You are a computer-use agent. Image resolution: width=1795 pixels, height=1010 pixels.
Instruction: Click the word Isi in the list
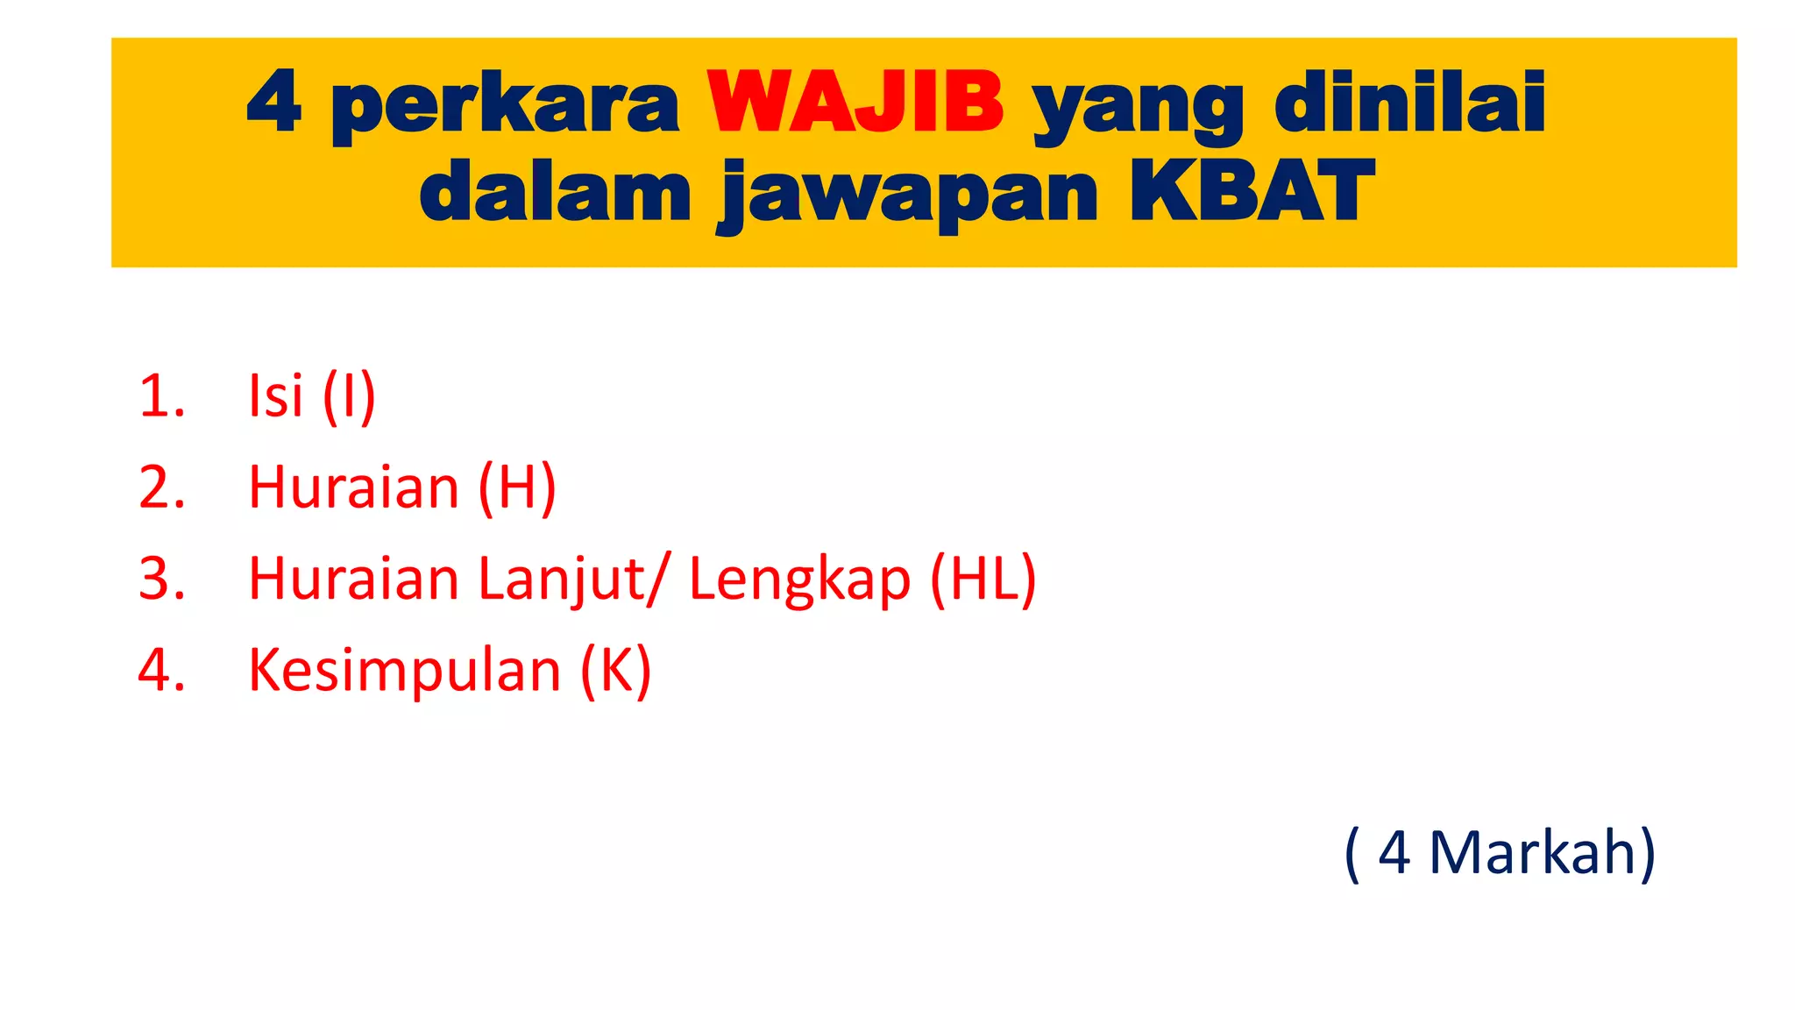point(276,395)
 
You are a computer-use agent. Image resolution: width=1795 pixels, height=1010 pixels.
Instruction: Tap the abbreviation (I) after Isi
point(349,397)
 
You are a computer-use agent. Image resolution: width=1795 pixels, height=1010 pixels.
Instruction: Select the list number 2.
point(161,487)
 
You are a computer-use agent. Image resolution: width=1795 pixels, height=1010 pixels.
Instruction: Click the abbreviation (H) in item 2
point(517,487)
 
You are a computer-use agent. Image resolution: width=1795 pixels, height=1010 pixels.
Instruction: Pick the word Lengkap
point(799,580)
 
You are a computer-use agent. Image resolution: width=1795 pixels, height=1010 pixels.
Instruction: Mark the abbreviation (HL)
point(983,580)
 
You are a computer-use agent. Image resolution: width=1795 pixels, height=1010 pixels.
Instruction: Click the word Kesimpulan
point(405,671)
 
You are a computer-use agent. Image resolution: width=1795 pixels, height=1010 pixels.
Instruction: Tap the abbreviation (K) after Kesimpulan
point(616,671)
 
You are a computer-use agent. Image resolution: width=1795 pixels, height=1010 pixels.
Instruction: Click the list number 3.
point(161,580)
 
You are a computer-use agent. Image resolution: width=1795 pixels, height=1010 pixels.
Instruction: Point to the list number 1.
point(161,395)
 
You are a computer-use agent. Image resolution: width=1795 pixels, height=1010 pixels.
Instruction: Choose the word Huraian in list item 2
point(353,487)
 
